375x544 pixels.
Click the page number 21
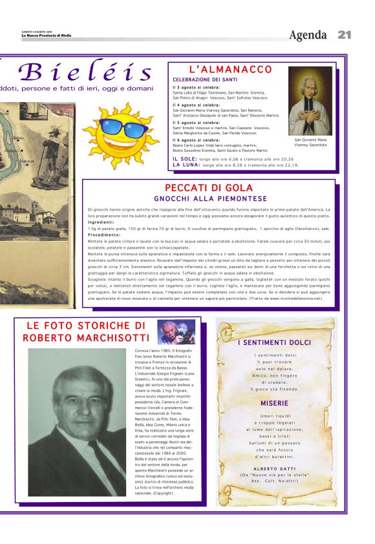[x=344, y=34]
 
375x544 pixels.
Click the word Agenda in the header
[x=308, y=35]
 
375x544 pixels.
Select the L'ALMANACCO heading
[x=230, y=69]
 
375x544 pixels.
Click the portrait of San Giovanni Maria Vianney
[x=310, y=101]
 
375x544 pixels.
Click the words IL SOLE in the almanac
[x=185, y=158]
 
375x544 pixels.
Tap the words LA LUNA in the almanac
[x=186, y=165]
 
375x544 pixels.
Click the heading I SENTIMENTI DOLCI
[x=274, y=342]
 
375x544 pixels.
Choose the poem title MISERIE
[x=274, y=403]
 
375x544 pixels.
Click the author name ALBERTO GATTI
[x=274, y=468]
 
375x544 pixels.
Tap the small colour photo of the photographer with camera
[x=177, y=331]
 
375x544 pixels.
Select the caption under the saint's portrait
[x=310, y=142]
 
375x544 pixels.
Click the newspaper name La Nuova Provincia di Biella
[x=46, y=36]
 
